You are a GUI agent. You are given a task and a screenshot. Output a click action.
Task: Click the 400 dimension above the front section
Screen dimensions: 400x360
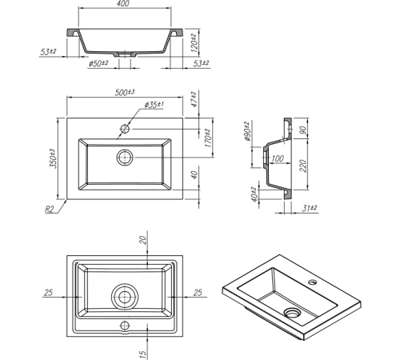tap(123, 3)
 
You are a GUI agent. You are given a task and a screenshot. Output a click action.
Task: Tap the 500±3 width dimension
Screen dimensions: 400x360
tap(125, 92)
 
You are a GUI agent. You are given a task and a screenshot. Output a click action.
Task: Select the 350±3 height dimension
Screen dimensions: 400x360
tap(53, 158)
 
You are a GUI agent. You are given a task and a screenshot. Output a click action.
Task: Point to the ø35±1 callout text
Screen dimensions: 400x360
tap(154, 105)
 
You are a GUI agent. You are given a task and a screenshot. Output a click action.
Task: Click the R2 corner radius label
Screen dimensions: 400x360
tap(49, 210)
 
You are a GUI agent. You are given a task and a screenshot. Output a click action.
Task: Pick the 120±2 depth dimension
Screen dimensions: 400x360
tap(194, 42)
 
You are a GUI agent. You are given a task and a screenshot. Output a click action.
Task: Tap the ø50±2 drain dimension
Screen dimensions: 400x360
tap(98, 64)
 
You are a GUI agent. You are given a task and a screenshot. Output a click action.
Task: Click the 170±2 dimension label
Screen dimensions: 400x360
tap(208, 138)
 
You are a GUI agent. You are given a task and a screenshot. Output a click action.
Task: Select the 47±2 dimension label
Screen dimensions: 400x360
tap(194, 99)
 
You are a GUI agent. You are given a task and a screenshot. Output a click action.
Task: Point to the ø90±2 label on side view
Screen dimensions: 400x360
tap(246, 131)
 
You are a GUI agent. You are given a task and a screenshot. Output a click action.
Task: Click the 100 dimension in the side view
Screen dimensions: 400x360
tap(278, 158)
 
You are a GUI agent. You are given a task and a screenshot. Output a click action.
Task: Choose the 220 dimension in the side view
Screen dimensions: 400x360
tap(303, 166)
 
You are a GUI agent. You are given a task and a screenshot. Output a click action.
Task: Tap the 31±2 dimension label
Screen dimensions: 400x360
tap(310, 208)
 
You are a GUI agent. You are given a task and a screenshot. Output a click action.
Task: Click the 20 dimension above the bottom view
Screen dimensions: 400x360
tap(143, 240)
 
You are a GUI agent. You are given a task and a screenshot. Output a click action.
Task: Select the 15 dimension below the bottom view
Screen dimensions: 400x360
tap(143, 354)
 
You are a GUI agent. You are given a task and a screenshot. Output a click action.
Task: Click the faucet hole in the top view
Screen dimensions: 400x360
tap(125, 129)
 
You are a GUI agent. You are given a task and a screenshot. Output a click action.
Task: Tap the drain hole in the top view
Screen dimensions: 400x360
tap(125, 158)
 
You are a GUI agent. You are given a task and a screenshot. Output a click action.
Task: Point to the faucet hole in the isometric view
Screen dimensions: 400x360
tap(312, 282)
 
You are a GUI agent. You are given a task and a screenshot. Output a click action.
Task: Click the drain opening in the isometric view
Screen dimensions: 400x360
tap(293, 312)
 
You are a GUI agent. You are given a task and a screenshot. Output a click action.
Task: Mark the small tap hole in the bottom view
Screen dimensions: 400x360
tap(125, 326)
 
